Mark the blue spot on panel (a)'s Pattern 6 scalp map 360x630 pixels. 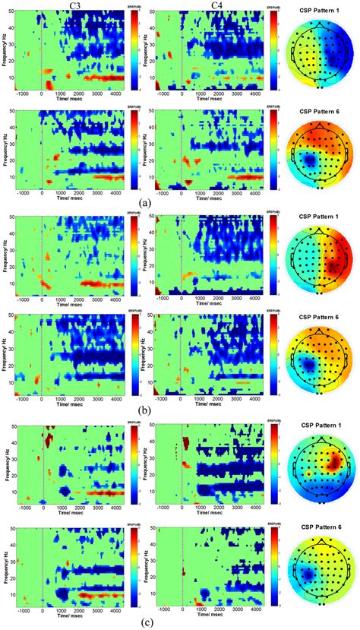tap(310, 161)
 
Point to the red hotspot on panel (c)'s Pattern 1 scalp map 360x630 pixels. tap(332, 462)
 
